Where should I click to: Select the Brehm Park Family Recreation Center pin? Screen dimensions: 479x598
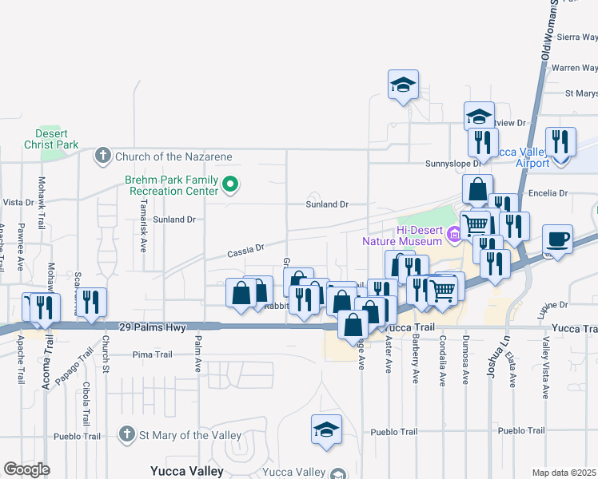[230, 186]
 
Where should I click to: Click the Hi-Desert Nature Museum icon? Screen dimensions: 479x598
[453, 234]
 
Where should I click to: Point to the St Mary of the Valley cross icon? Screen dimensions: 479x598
[126, 435]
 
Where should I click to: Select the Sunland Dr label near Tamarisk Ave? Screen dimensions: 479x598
[174, 219]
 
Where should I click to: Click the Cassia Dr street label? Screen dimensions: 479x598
[245, 251]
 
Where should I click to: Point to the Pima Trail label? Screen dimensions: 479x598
[153, 354]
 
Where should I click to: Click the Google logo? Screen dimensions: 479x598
[26, 469]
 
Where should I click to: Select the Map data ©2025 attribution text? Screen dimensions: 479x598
[564, 473]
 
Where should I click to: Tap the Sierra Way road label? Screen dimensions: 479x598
[578, 37]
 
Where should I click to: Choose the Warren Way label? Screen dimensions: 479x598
[576, 68]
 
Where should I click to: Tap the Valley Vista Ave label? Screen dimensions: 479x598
[547, 372]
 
